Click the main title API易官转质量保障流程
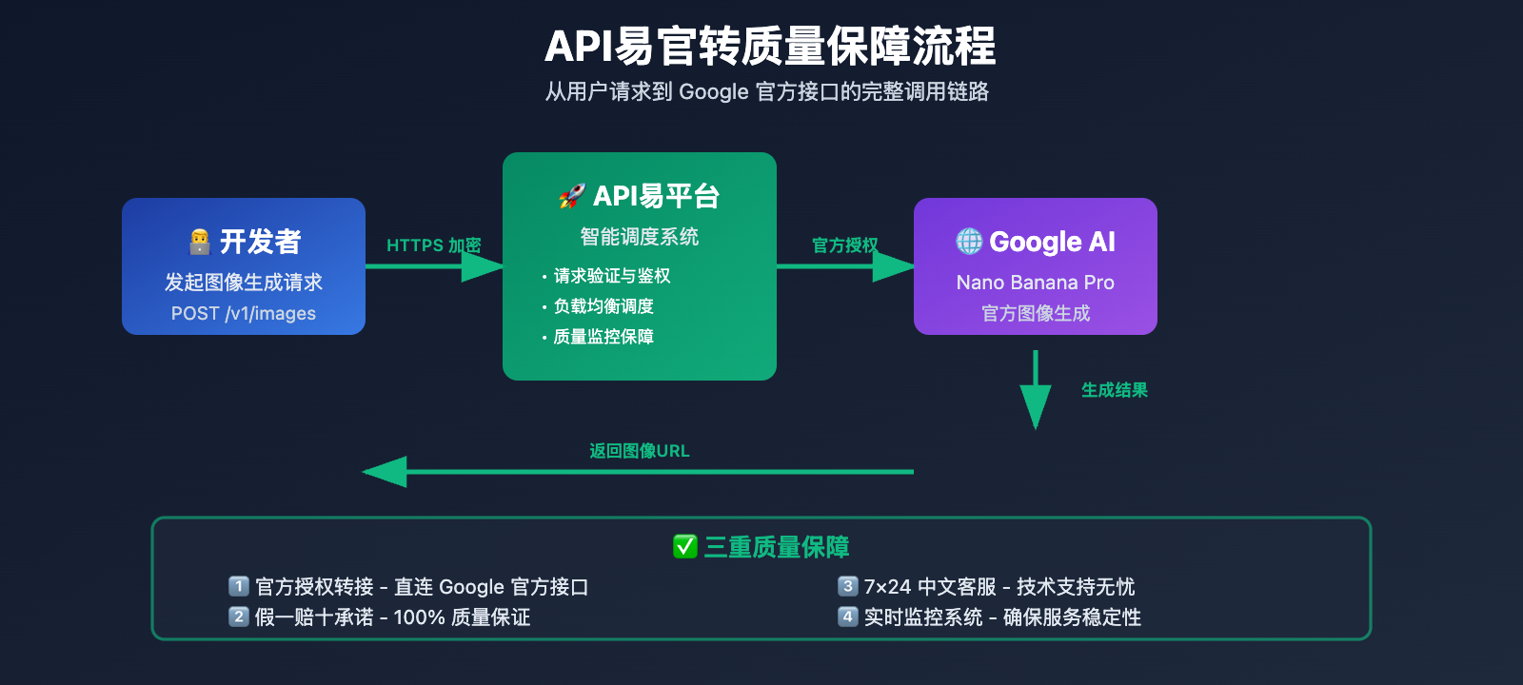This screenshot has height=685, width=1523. click(769, 47)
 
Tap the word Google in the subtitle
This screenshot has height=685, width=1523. click(713, 92)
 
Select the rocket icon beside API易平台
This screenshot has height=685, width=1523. click(571, 196)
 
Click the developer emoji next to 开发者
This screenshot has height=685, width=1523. click(200, 242)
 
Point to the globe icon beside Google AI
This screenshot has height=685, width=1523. click(969, 242)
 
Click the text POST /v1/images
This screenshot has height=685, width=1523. click(244, 313)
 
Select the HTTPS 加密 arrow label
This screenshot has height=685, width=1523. click(433, 245)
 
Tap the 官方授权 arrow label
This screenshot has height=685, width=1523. click(844, 245)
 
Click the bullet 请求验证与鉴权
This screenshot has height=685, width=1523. click(611, 276)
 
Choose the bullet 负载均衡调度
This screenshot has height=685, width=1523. click(603, 306)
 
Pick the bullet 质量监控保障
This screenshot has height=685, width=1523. click(603, 337)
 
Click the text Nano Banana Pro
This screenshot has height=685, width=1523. click(1035, 283)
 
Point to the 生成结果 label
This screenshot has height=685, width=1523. click(1114, 390)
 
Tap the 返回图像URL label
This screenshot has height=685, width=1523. click(639, 451)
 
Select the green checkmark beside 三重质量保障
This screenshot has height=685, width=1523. click(685, 547)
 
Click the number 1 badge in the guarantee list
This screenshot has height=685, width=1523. click(239, 586)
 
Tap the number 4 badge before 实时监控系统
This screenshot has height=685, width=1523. click(847, 616)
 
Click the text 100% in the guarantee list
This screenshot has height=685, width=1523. click(419, 617)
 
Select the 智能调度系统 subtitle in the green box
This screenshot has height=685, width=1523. click(639, 237)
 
